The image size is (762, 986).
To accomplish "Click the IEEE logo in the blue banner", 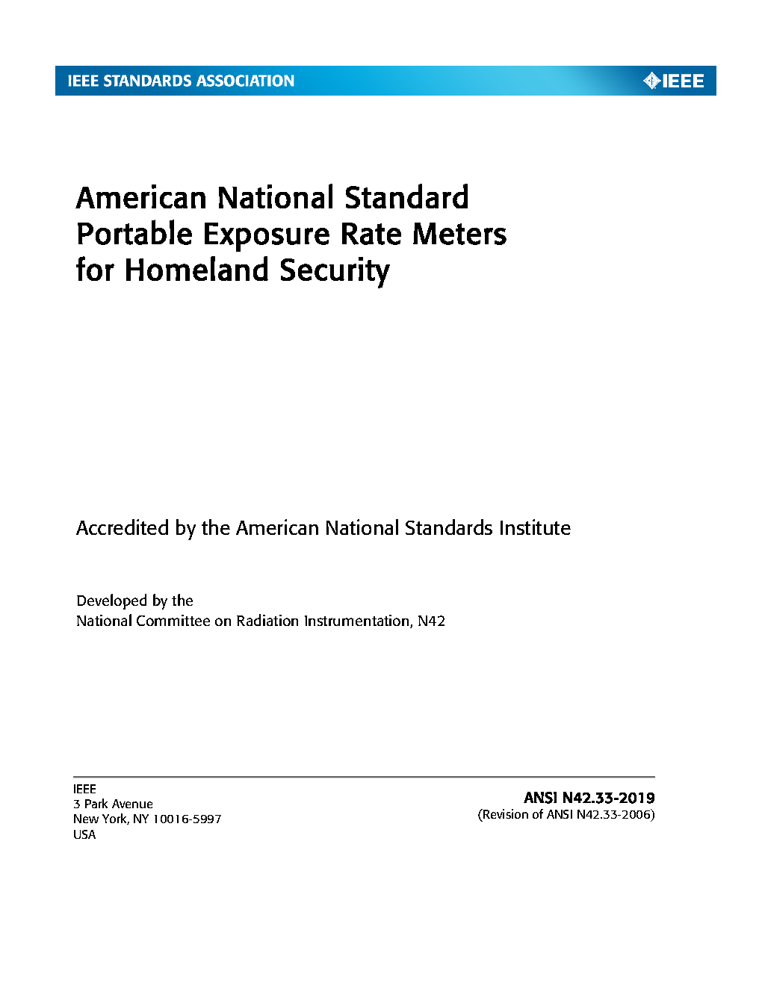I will tap(674, 81).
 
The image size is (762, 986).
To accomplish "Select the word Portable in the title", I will tap(134, 235).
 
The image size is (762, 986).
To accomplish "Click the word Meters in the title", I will tap(459, 235).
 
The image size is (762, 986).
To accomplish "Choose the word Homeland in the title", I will tap(196, 270).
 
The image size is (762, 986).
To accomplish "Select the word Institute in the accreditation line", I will tap(535, 528).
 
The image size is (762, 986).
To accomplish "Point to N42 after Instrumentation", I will tap(431, 621).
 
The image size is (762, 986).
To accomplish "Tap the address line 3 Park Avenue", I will tap(113, 804).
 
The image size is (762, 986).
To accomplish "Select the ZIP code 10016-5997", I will tap(187, 819).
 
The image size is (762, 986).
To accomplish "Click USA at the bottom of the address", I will tap(84, 834).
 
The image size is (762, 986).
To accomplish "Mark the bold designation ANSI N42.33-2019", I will tap(589, 798).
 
